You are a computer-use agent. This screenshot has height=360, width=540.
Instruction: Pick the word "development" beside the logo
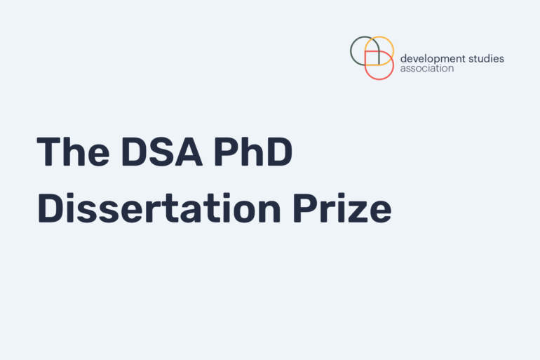point(433,59)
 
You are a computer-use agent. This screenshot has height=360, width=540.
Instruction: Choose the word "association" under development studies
point(427,69)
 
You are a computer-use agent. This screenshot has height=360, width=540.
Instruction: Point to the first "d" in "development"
point(403,59)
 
